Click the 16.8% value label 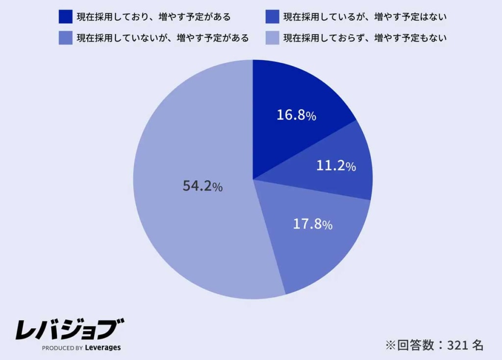(296, 115)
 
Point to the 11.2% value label (336, 166)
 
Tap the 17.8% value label (313, 225)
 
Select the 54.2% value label (202, 186)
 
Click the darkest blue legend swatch (65, 17)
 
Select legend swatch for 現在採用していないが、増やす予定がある (65, 38)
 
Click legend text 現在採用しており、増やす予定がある (153, 17)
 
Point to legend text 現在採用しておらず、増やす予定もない (365, 38)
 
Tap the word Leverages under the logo (102, 348)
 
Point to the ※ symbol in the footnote (390, 345)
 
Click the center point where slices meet (253, 180)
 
